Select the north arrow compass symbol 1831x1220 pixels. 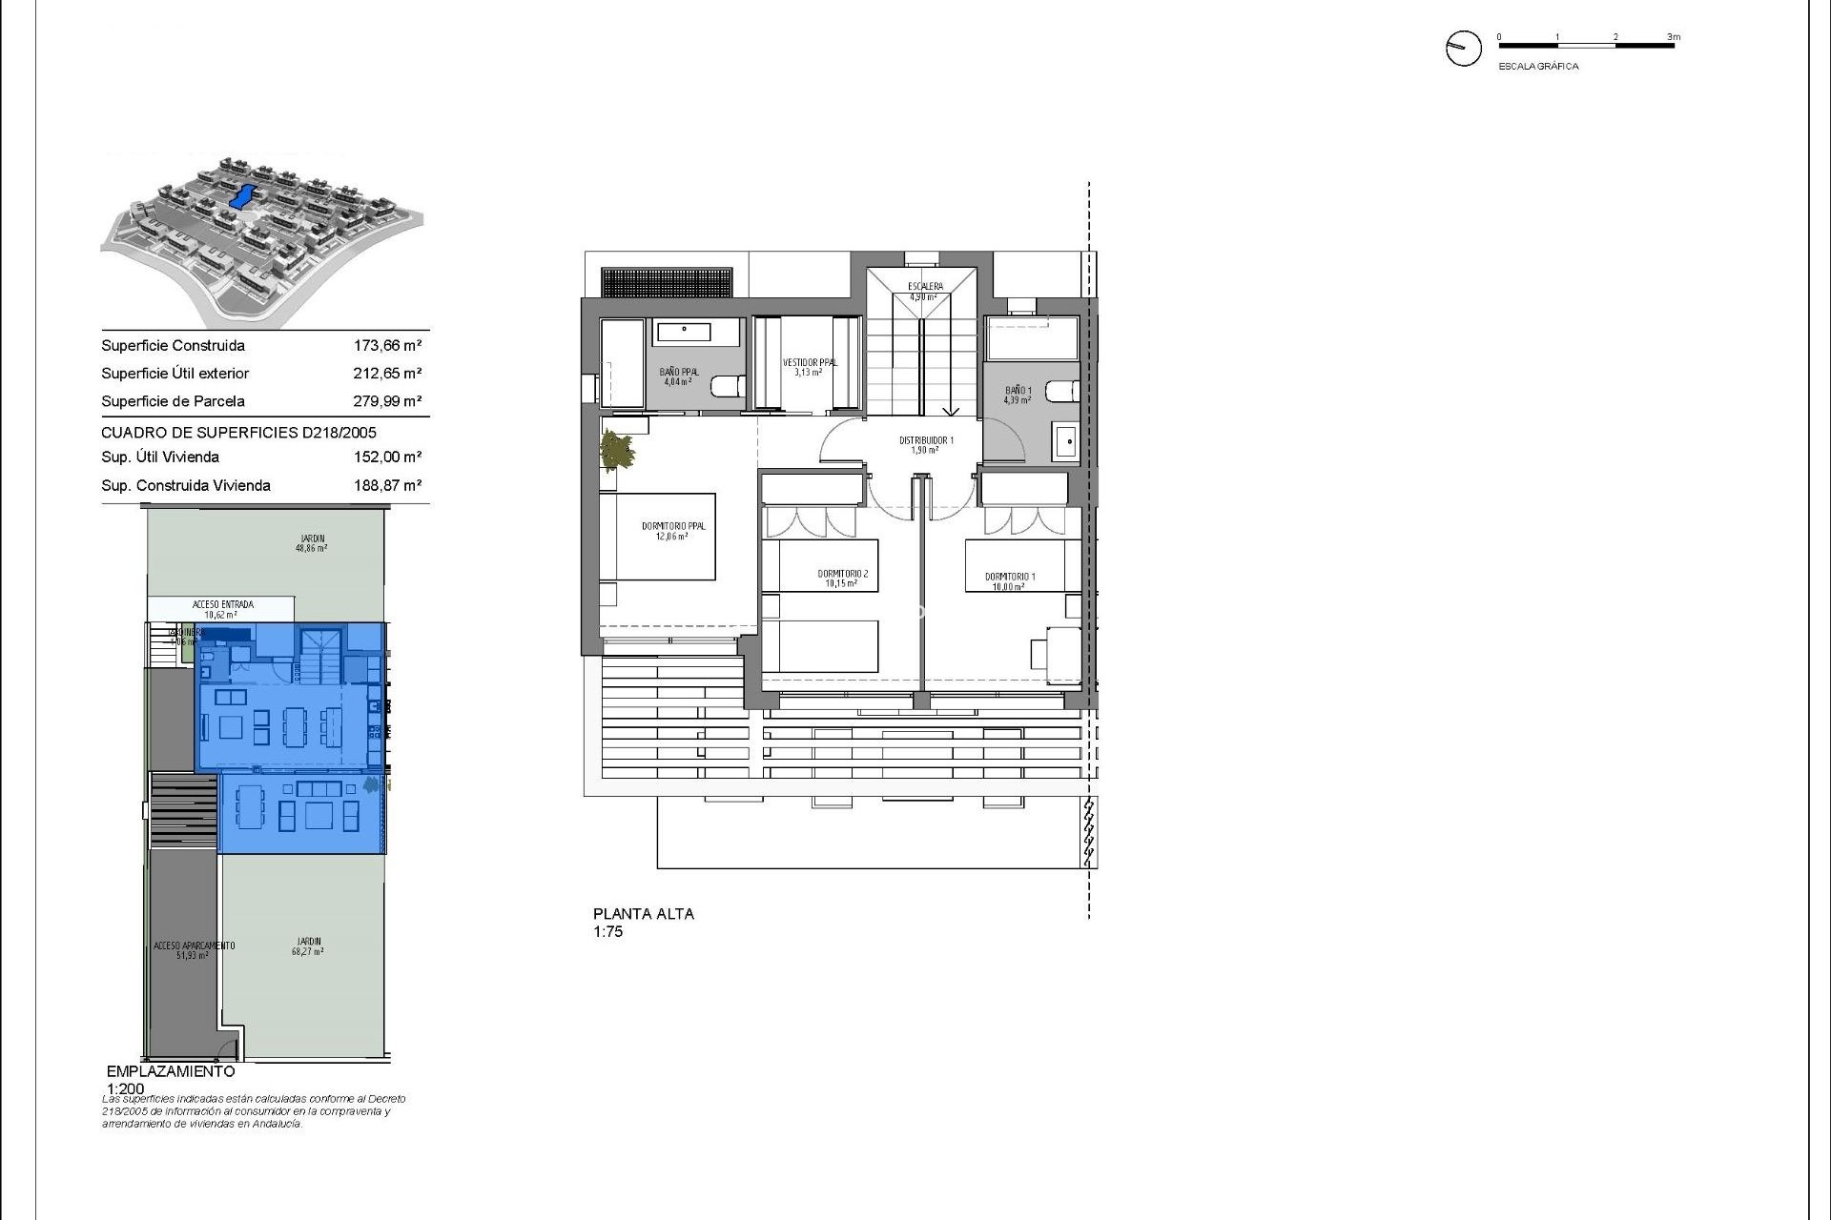(x=1463, y=48)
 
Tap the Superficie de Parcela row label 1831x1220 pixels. (x=173, y=401)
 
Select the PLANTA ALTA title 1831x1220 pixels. (x=644, y=913)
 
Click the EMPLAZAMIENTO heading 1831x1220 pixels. (x=171, y=1071)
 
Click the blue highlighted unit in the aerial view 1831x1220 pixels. (x=243, y=196)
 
